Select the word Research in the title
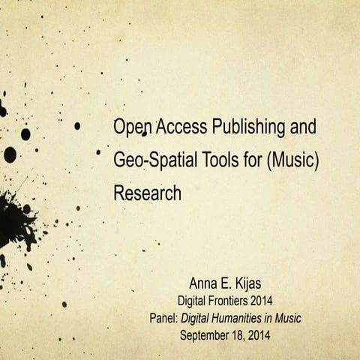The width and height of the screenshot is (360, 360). [147, 193]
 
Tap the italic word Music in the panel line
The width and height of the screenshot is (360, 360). [286, 318]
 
